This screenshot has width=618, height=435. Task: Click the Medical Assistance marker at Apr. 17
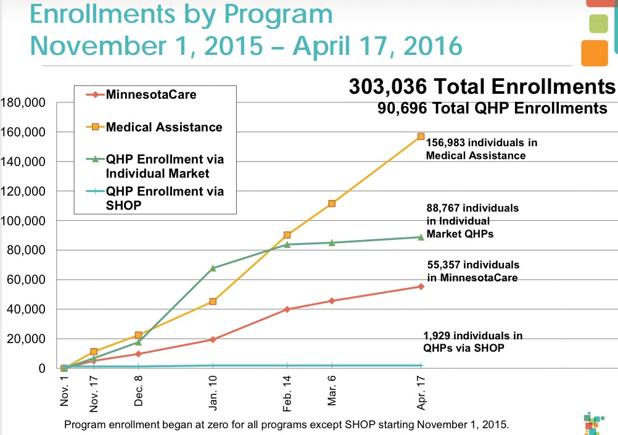tap(421, 136)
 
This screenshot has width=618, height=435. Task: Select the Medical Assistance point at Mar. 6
tap(332, 203)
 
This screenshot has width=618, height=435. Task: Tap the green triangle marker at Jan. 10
tap(213, 268)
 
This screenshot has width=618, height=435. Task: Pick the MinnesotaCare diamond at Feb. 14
tap(287, 309)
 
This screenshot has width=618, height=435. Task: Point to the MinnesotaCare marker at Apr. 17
tap(421, 286)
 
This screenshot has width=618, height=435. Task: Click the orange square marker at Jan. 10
tap(213, 301)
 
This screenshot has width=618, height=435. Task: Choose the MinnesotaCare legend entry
tap(148, 96)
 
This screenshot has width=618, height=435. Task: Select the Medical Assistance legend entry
tap(163, 128)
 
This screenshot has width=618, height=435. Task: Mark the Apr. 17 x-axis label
tap(421, 392)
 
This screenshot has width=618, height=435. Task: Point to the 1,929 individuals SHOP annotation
tap(472, 341)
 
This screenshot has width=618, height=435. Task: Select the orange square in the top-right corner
tap(595, 52)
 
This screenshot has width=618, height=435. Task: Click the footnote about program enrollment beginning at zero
tap(287, 425)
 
